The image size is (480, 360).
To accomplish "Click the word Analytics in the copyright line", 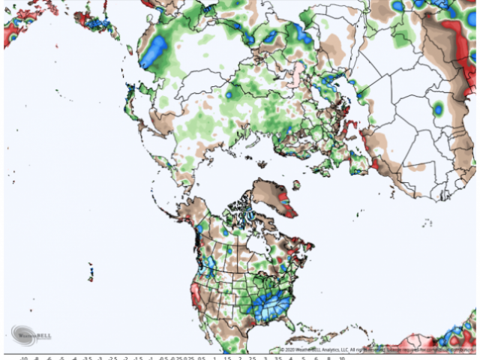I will click(331, 350).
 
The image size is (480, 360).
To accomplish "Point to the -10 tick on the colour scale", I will click(23, 358).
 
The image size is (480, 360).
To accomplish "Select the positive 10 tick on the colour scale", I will click(343, 358).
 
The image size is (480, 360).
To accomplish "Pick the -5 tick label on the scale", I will click(61, 358).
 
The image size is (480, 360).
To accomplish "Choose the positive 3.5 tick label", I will click(278, 358).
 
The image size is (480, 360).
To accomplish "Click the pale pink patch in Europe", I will click(298, 71).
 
